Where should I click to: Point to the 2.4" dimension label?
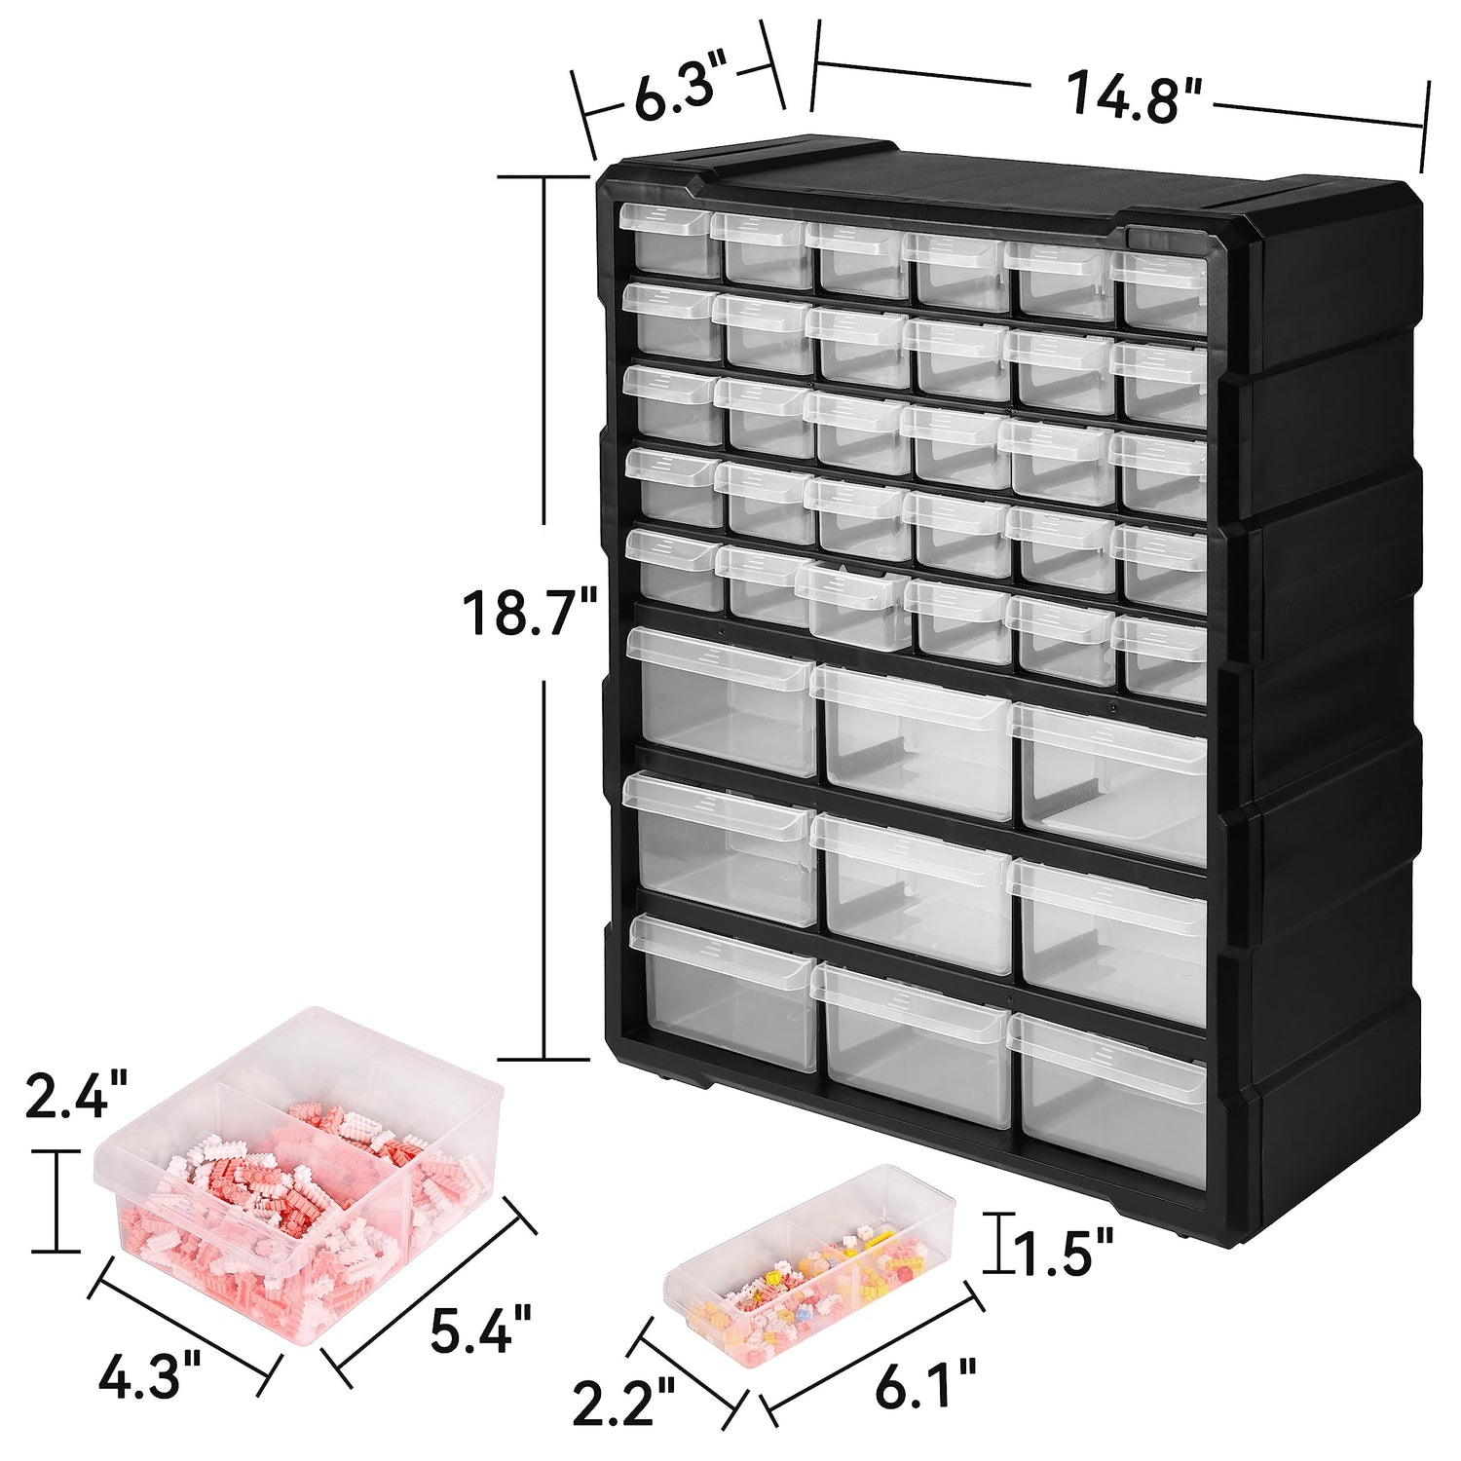pyautogui.click(x=76, y=1094)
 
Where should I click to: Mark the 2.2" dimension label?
pyautogui.click(x=623, y=1400)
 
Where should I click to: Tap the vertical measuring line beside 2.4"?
pyautogui.click(x=56, y=1200)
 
